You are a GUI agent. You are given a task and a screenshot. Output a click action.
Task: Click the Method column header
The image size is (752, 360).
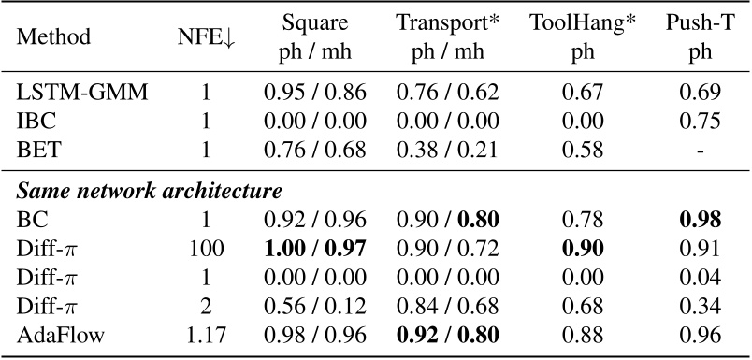[58, 38]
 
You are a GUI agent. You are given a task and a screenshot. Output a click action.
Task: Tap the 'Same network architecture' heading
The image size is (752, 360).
[150, 193]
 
